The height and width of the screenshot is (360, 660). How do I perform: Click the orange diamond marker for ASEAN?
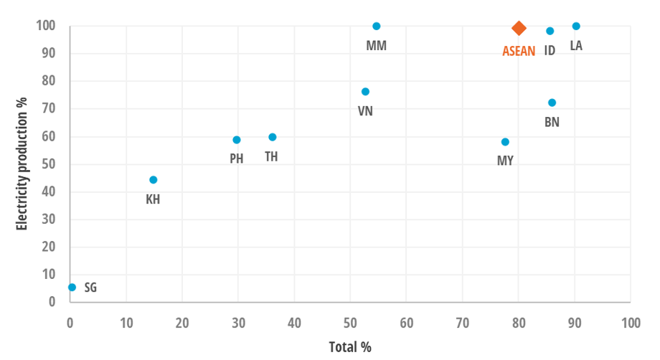(x=519, y=28)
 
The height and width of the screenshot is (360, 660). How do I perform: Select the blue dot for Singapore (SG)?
(x=72, y=287)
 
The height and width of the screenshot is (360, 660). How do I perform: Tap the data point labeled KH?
(x=153, y=180)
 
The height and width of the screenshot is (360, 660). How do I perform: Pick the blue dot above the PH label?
(x=237, y=140)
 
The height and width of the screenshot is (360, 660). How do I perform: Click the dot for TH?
(x=273, y=137)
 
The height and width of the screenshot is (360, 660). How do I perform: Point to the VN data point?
(x=365, y=92)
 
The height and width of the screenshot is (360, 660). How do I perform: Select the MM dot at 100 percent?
(x=377, y=26)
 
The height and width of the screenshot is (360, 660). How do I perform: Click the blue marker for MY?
(x=505, y=142)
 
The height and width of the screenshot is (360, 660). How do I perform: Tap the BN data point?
(x=552, y=103)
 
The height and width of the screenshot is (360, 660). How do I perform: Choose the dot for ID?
(x=550, y=31)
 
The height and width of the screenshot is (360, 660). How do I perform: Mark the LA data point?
(x=576, y=26)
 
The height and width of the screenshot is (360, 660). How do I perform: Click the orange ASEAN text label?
(x=519, y=51)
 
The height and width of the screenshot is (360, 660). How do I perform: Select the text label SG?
(x=90, y=288)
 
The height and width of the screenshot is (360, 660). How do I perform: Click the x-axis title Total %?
(x=350, y=347)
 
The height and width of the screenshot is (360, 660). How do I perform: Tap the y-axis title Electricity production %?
(x=22, y=164)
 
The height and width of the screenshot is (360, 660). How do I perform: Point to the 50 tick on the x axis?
(x=350, y=323)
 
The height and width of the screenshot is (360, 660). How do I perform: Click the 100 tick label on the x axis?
(x=631, y=323)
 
